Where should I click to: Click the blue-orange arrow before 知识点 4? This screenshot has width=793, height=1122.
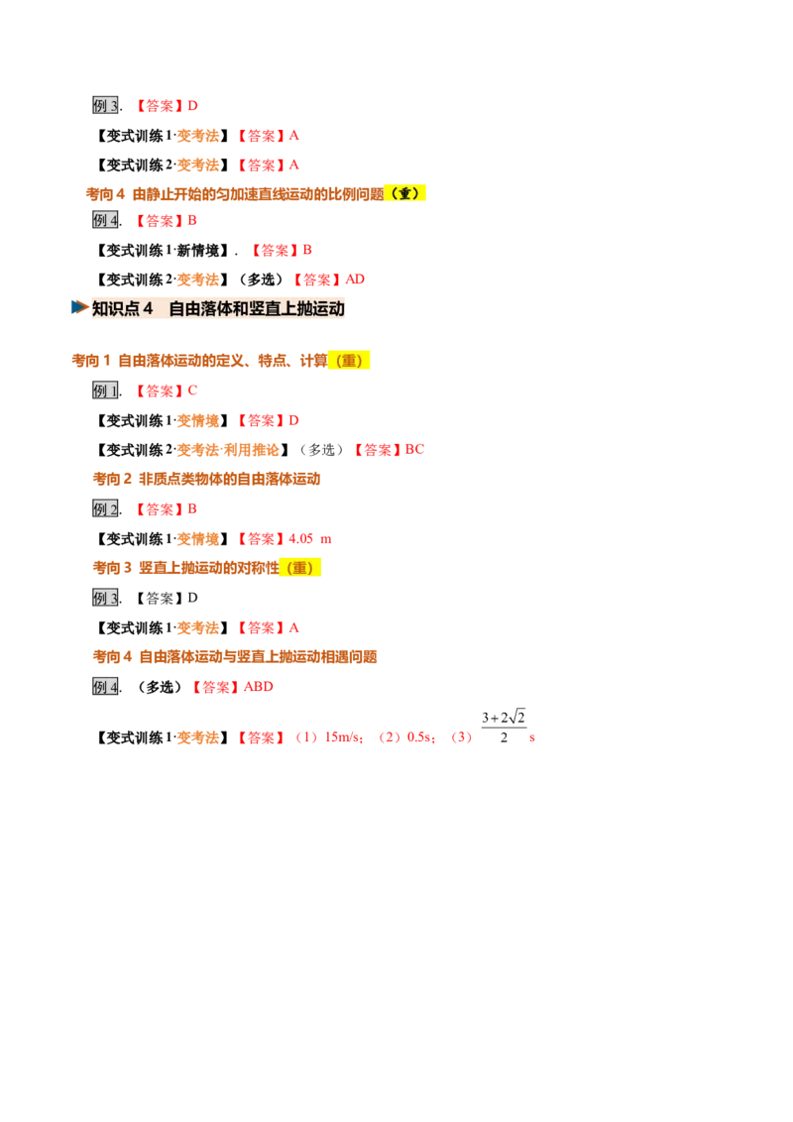point(79,307)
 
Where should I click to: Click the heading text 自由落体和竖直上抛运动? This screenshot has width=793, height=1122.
point(256,308)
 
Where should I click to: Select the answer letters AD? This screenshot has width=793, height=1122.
point(355,280)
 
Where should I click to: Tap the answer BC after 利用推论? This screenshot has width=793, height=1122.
point(414,449)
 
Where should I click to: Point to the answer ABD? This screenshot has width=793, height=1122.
point(259,687)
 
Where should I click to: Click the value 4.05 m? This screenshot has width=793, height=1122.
point(310,539)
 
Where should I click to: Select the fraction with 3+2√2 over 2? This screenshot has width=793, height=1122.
point(504,727)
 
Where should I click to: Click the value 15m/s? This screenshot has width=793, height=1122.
point(344,737)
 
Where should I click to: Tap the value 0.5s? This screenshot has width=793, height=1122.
point(419,737)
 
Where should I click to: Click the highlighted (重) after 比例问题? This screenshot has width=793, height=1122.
point(405,193)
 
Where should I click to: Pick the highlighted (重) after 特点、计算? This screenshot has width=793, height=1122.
point(349,361)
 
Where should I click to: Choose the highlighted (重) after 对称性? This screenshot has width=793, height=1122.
point(300,568)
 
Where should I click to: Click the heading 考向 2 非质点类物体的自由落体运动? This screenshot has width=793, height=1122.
point(206,480)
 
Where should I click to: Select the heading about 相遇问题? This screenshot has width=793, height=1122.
point(235,657)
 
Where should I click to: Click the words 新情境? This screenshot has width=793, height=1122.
point(197,251)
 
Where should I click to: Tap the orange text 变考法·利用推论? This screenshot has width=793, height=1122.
point(228,450)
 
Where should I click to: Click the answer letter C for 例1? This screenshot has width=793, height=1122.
point(192,391)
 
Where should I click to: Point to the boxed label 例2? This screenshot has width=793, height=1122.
point(105,509)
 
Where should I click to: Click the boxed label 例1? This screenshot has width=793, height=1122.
point(105,391)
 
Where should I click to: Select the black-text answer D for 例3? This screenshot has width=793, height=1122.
point(192,599)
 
